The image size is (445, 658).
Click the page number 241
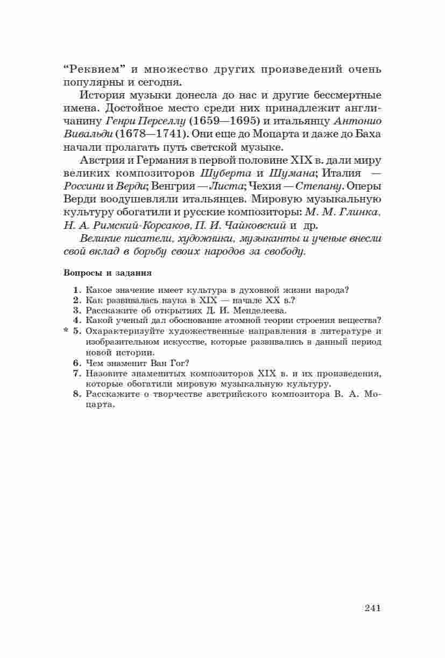coord(372,608)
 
